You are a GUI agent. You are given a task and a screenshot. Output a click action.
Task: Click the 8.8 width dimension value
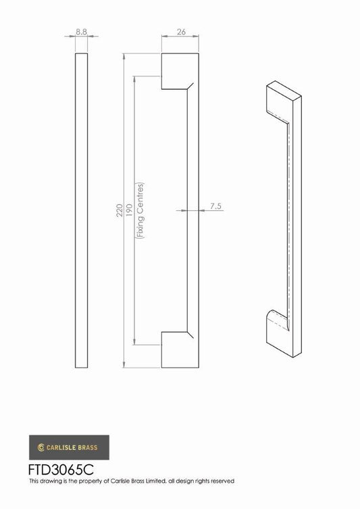tap(81, 32)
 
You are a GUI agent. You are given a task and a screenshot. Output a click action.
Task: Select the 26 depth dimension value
tap(180, 32)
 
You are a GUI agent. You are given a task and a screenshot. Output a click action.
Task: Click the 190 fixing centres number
tap(130, 216)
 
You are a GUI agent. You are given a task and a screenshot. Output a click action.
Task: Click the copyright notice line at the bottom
tap(131, 481)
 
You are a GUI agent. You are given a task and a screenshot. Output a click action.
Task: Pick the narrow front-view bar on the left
tap(81, 210)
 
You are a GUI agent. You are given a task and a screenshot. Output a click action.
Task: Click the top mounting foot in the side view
tap(174, 70)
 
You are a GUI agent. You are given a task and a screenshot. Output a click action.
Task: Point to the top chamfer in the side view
tap(190, 87)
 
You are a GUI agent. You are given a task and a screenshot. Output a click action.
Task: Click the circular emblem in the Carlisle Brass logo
tap(42, 447)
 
